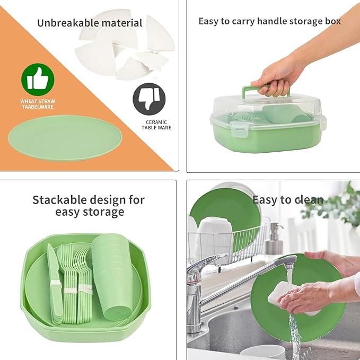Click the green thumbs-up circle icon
tap(38, 80)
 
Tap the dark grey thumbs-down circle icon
tap(149, 99)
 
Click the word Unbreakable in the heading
tap(68, 23)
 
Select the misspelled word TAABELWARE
tap(38, 107)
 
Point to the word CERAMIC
tap(156, 122)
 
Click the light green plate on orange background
tap(65, 138)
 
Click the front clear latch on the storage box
tap(238, 129)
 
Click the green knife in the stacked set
tap(54, 284)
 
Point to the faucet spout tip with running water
tap(289, 264)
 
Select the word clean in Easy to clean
tap(309, 199)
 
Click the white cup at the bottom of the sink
tap(262, 352)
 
